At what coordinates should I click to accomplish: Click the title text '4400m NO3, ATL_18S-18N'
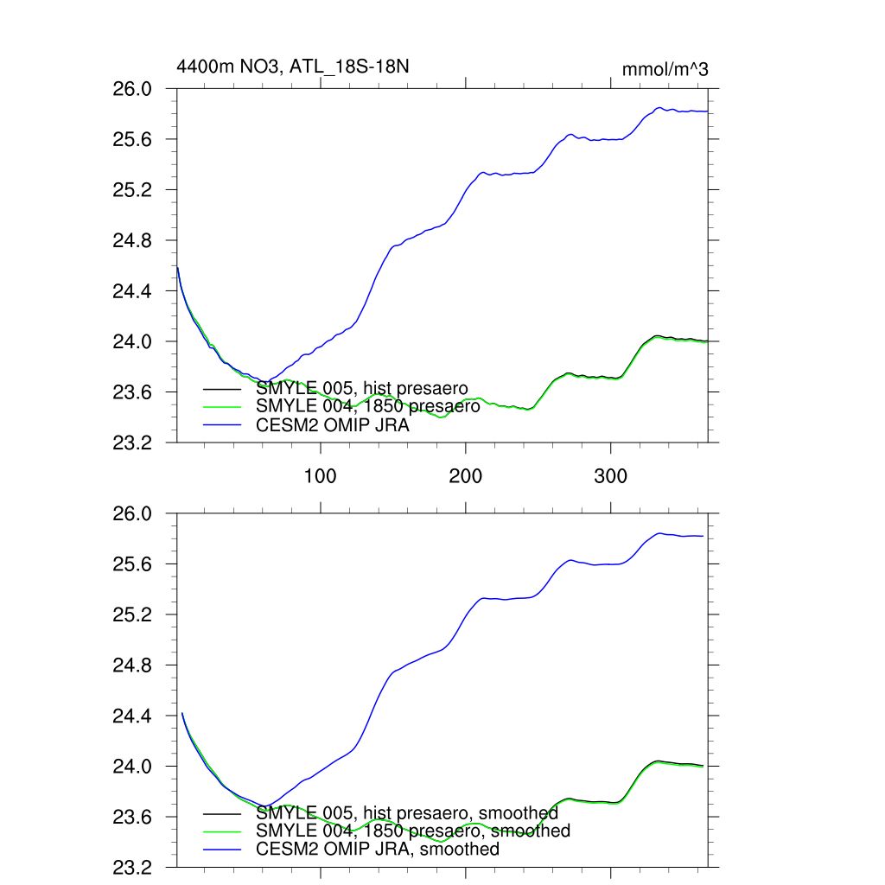click(286, 67)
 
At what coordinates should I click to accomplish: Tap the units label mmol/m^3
click(665, 69)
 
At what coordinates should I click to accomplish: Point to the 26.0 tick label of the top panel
click(134, 89)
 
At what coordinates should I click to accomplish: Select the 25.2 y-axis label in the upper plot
click(134, 190)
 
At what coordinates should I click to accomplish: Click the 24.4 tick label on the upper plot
click(134, 291)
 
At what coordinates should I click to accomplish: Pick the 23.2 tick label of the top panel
click(134, 443)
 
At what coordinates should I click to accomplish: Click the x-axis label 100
click(321, 475)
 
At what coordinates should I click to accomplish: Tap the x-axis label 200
click(466, 475)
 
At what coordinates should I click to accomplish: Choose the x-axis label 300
click(611, 475)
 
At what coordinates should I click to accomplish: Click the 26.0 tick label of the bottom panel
click(134, 514)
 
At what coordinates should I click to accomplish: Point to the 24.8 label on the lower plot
click(134, 666)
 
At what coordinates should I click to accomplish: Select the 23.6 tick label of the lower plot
click(134, 818)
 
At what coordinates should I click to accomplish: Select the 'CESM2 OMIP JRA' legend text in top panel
click(333, 425)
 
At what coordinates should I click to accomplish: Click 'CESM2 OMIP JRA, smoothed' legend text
click(378, 850)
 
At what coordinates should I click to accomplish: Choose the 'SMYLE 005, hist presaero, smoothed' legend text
click(407, 813)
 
